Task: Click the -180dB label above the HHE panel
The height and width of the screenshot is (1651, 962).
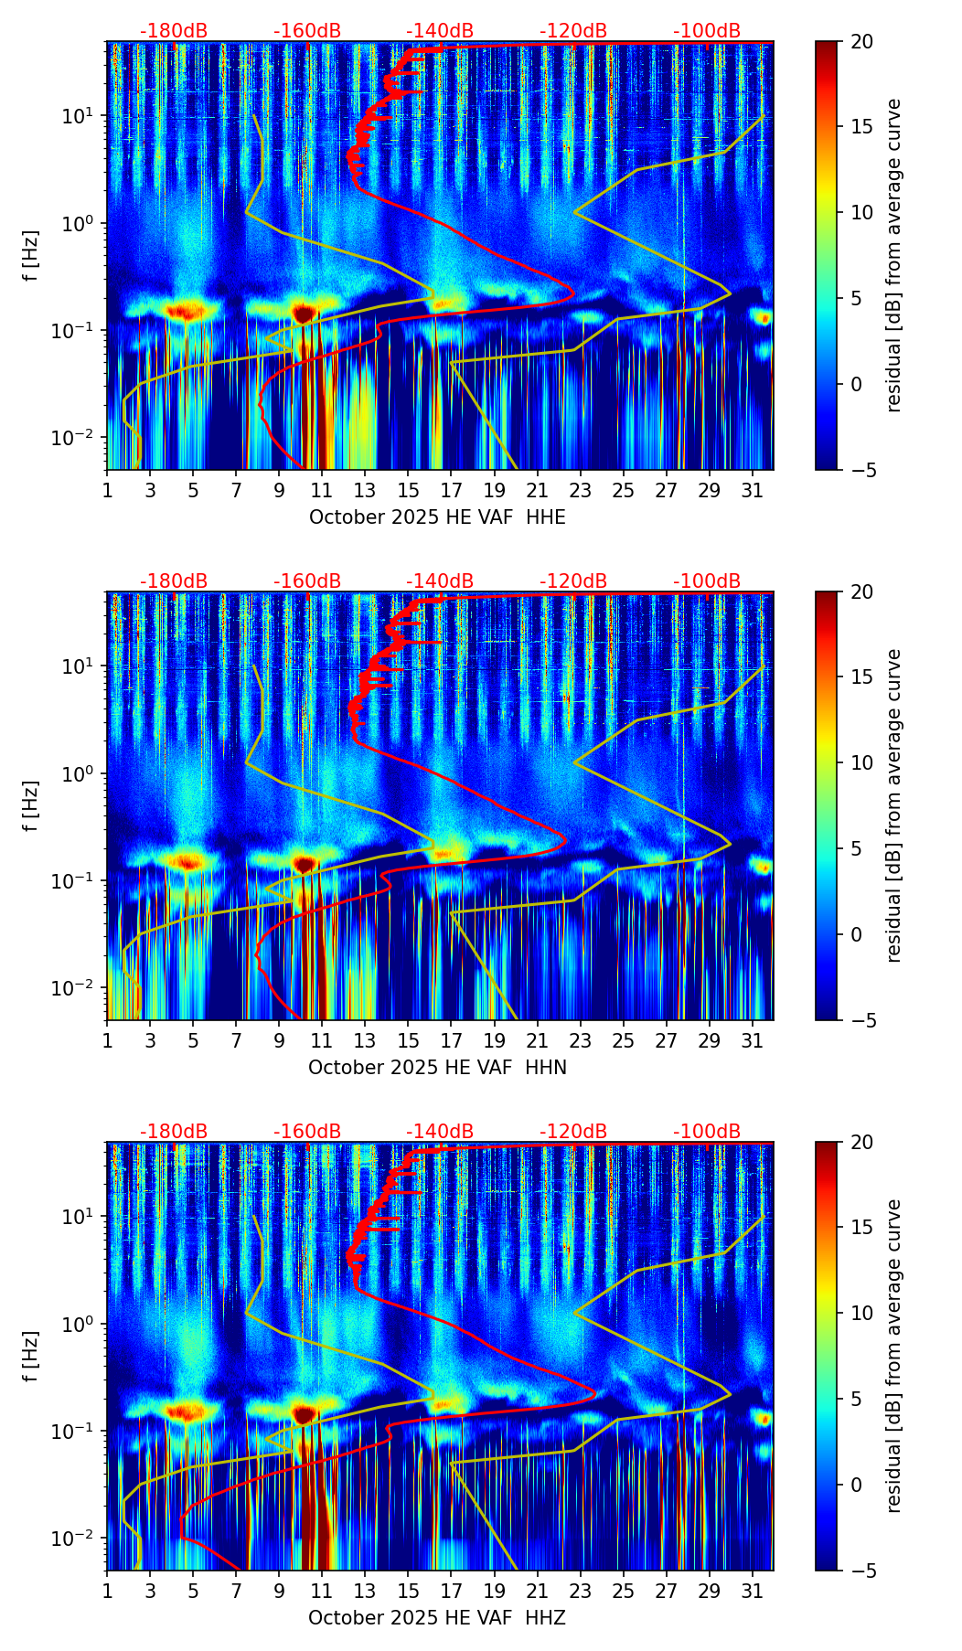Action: (x=174, y=31)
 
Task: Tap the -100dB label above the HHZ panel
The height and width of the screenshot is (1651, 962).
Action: (x=707, y=1132)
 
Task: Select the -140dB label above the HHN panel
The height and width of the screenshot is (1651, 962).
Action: (x=440, y=581)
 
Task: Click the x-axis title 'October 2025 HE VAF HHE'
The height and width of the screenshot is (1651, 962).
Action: (x=437, y=517)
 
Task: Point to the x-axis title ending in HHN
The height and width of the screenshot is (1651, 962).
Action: (x=437, y=1068)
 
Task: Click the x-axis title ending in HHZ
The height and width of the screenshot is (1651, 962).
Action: (x=437, y=1618)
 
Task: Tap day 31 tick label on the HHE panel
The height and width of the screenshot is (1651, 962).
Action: (x=753, y=491)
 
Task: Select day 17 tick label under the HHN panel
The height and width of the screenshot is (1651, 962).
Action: (x=451, y=1041)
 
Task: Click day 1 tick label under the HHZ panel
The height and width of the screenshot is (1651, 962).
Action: (x=107, y=1592)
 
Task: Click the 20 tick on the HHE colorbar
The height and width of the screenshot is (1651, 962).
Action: (x=861, y=42)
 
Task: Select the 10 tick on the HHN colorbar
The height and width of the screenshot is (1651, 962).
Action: (x=861, y=762)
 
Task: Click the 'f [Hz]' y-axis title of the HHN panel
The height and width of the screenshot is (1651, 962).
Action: (x=31, y=805)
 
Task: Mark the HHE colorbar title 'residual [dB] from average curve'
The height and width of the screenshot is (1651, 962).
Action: (x=893, y=255)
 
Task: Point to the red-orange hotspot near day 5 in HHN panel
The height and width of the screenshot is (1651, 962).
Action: (x=187, y=862)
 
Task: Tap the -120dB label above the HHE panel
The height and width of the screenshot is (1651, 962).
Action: (x=573, y=31)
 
